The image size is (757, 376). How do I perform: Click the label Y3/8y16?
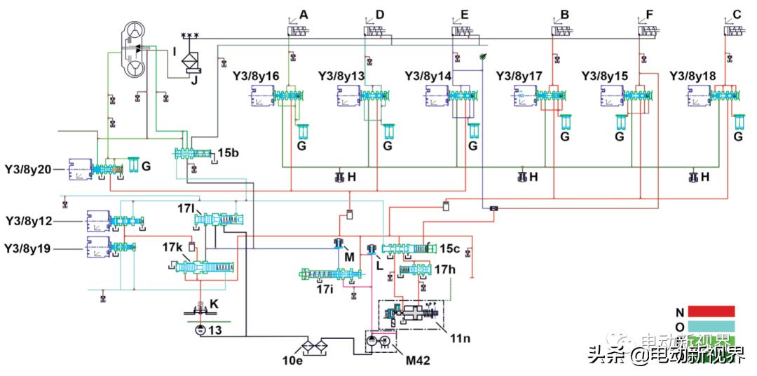tap(255, 74)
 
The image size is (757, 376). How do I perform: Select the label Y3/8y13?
tap(341, 74)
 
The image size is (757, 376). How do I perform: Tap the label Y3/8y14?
tap(428, 74)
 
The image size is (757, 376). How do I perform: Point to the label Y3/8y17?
tap(519, 74)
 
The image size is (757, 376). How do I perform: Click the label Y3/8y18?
tap(693, 74)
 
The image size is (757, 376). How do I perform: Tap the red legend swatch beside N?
tap(711, 311)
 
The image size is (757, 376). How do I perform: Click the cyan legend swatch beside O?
tap(711, 327)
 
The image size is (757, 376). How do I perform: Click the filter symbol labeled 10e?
tap(312, 346)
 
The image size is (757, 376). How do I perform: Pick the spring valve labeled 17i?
tap(329, 274)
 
